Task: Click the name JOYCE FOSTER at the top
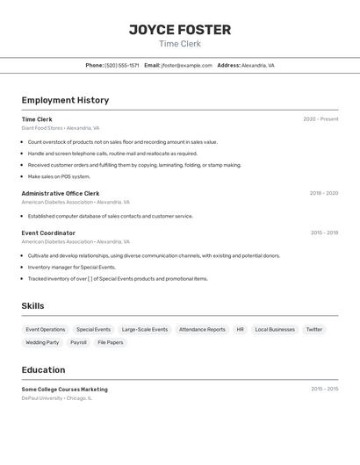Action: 180,30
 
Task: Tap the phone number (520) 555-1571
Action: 122,66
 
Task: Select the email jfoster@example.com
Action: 187,66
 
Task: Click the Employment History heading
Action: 65,100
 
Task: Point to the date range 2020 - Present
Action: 320,119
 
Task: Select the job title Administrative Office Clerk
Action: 61,193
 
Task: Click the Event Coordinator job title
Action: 48,232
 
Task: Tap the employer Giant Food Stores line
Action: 61,127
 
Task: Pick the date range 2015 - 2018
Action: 324,232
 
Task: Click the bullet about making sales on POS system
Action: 59,176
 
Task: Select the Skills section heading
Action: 32,306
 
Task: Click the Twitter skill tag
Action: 313,330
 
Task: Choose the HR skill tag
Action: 240,330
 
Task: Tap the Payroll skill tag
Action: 78,342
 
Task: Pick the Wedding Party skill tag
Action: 42,342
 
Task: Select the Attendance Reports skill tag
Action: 202,330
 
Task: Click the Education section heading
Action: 43,370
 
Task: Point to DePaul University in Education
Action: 42,397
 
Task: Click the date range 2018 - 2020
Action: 323,193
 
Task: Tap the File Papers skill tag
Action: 111,342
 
